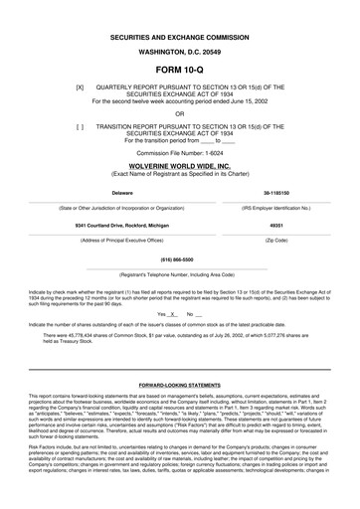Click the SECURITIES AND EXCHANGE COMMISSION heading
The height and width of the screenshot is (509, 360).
click(179, 33)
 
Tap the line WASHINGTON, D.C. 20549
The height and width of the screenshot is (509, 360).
click(179, 50)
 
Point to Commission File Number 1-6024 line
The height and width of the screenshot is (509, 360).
click(179, 152)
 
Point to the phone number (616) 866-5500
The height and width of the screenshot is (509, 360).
click(180, 256)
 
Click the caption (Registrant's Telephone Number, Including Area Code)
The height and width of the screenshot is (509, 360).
click(180, 271)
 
